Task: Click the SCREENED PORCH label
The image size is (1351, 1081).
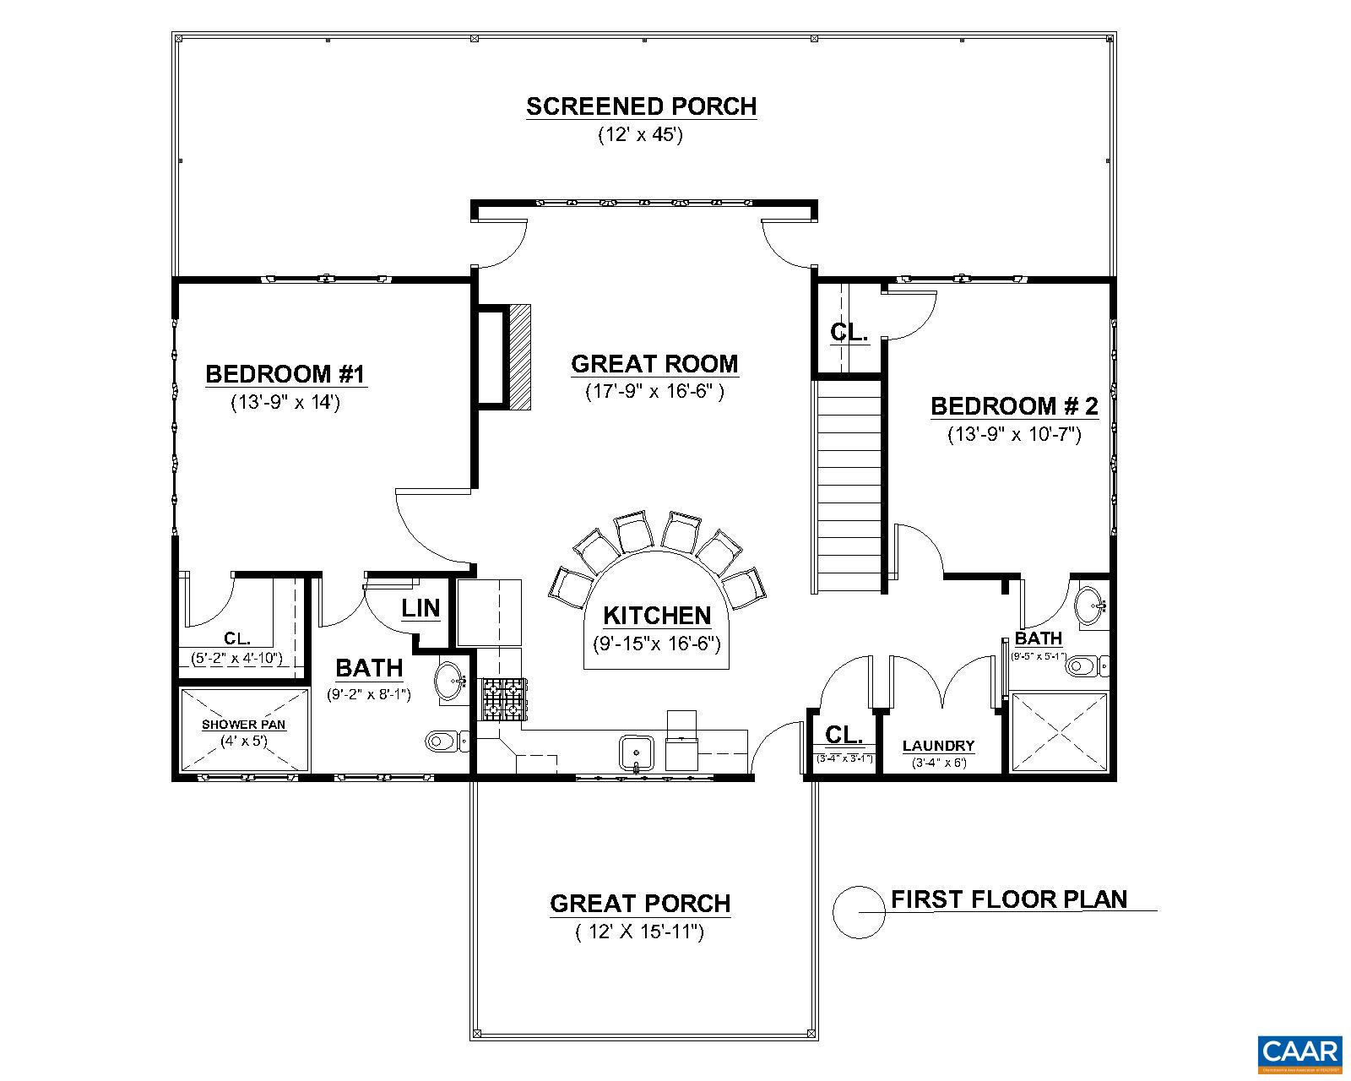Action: click(641, 106)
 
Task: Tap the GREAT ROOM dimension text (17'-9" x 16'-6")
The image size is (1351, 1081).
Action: click(654, 392)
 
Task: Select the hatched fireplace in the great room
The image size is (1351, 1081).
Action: click(518, 357)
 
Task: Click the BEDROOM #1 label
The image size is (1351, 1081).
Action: click(285, 373)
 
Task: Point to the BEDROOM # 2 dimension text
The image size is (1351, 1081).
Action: click(1014, 435)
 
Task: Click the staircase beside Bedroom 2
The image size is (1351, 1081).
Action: click(849, 486)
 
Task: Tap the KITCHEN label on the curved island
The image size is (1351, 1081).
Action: click(657, 616)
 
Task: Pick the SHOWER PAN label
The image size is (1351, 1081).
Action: click(243, 725)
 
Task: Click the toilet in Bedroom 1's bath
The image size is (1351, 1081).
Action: click(443, 742)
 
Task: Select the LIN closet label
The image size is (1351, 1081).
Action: click(420, 608)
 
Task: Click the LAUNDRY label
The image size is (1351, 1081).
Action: click(938, 746)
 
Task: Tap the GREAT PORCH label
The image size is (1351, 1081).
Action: click(640, 904)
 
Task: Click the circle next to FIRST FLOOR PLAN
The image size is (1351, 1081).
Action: click(859, 913)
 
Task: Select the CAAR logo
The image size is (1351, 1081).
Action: click(1299, 1052)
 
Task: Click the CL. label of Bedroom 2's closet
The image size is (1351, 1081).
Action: click(849, 332)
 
